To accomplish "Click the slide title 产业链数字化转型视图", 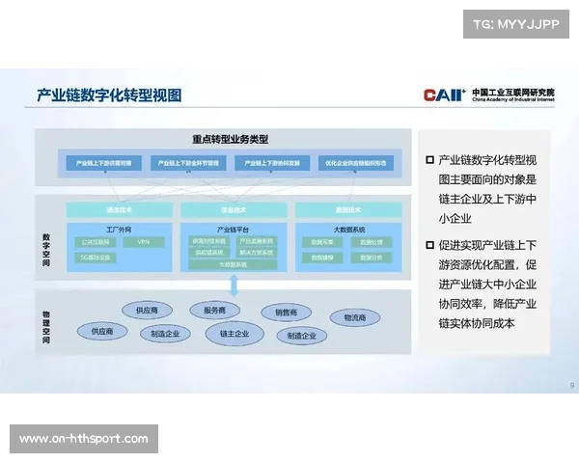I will click(109, 95).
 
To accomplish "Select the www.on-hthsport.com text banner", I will click(85, 439).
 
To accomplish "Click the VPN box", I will click(144, 242).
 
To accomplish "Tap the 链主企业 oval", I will click(234, 334).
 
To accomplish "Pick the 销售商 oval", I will click(292, 313).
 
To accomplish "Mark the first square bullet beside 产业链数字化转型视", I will click(429, 159).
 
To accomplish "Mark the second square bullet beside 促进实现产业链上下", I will click(429, 245).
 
